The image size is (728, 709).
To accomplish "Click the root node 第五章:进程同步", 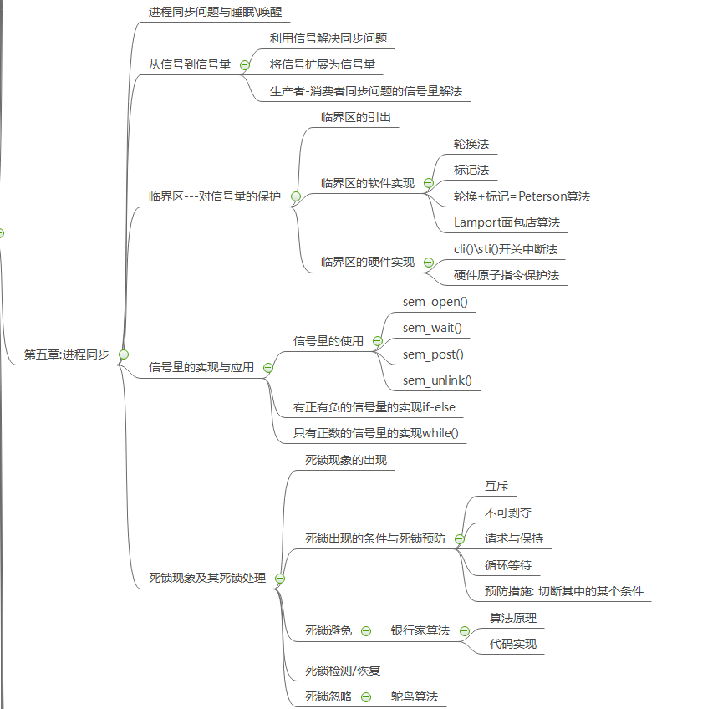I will [67, 354].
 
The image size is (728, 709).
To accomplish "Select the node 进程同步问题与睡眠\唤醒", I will [215, 13].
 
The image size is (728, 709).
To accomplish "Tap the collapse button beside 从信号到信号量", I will [245, 64].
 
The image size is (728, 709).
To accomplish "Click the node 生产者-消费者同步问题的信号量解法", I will [365, 90].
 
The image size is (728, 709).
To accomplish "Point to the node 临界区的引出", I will [354, 117].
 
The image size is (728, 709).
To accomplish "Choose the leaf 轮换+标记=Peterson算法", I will [522, 196].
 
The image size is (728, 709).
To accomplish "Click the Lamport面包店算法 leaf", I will [507, 222].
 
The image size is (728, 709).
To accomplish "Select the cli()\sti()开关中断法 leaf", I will [505, 249].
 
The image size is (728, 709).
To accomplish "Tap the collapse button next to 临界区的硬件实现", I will [429, 262].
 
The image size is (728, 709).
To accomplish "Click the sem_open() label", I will [435, 302].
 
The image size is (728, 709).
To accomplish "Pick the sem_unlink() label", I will [436, 380].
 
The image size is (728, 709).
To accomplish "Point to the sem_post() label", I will [433, 354].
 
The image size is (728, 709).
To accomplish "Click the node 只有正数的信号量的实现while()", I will [375, 432].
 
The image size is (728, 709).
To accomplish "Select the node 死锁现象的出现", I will [345, 460].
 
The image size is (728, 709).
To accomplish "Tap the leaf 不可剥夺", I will [507, 512].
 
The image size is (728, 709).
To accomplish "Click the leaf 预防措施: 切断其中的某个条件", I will [563, 591].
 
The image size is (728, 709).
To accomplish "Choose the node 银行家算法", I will [420, 630].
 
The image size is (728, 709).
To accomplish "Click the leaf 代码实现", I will [512, 644].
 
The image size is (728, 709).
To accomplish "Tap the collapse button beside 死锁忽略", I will [365, 696].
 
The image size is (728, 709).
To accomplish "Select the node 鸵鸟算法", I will [414, 696].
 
